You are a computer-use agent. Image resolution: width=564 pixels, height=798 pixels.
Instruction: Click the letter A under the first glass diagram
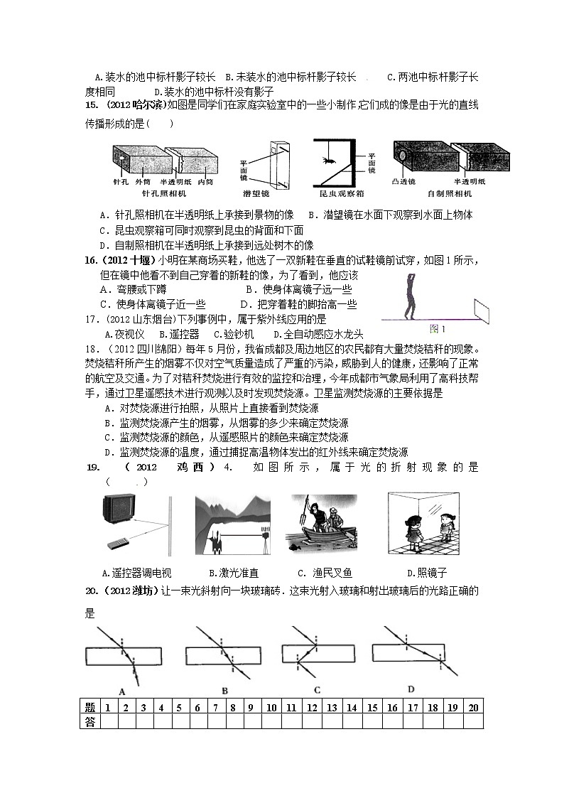(123, 691)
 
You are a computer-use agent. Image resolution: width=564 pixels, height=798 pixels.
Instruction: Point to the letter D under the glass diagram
(411, 689)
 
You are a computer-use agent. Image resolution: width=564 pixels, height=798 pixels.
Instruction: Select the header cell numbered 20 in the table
(473, 708)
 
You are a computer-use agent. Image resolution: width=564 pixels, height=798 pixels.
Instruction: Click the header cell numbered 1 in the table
(107, 708)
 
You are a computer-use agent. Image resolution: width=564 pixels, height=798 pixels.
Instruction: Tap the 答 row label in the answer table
(89, 721)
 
